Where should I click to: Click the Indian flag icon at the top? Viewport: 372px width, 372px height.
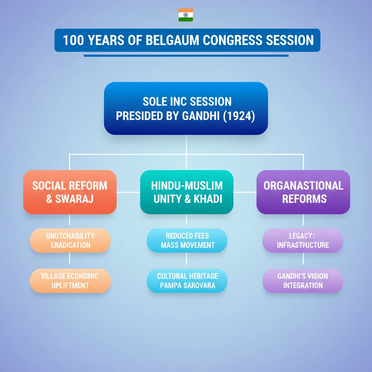(186, 15)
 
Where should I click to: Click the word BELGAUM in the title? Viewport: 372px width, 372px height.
(172, 40)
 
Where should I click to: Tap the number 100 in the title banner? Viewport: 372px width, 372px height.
(73, 40)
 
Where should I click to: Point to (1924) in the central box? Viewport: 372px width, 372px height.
(239, 116)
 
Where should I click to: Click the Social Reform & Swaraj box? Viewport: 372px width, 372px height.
(70, 192)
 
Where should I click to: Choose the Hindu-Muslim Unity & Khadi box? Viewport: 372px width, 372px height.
(187, 192)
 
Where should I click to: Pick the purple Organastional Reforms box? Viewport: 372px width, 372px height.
(303, 192)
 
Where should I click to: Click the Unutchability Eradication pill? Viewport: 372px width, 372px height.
(70, 240)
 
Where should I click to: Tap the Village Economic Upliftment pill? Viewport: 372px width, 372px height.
(70, 281)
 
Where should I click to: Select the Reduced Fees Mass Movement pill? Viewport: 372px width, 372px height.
(187, 240)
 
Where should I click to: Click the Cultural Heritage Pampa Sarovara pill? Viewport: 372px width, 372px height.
(187, 281)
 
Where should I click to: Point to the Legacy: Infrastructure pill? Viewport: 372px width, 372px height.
(303, 240)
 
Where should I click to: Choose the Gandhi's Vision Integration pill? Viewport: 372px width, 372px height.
(303, 281)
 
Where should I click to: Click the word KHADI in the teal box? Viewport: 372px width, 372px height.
(208, 199)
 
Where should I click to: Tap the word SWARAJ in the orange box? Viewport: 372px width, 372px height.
(74, 199)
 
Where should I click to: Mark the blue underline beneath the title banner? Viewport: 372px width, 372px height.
(186, 56)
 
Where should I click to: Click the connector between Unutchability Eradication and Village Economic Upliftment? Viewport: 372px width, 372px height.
(69, 258)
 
